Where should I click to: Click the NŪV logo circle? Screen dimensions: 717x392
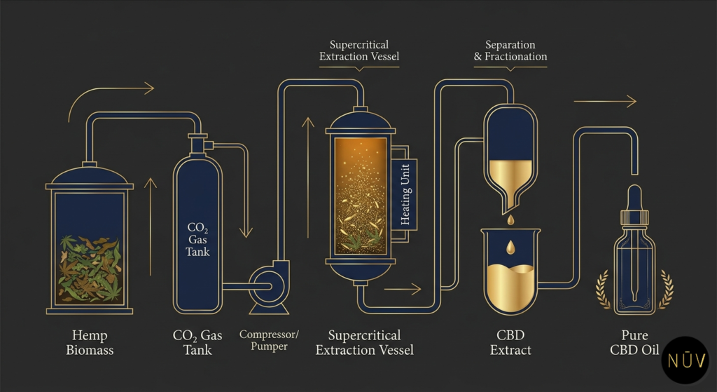tap(685, 360)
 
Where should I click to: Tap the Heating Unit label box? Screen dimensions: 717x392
tap(404, 194)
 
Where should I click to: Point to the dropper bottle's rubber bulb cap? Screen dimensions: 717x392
tap(634, 197)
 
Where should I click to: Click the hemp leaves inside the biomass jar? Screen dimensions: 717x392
tap(90, 268)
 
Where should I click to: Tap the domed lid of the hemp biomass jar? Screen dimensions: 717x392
tap(90, 176)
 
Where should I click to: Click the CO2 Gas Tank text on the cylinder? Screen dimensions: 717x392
tap(198, 240)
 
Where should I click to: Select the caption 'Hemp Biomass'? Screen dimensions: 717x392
tap(90, 342)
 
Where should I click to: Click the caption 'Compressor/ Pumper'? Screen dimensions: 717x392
tap(269, 340)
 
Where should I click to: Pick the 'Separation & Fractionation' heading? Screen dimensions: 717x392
tap(510, 50)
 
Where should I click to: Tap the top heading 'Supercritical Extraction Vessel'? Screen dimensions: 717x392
tap(359, 50)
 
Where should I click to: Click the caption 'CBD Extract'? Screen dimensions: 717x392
tap(510, 342)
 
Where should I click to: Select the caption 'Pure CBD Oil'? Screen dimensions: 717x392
tap(634, 342)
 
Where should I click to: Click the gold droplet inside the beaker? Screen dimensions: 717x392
tap(510, 248)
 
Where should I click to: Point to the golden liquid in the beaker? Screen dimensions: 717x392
tap(510, 288)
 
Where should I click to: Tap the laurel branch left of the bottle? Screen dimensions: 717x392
tap(603, 290)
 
